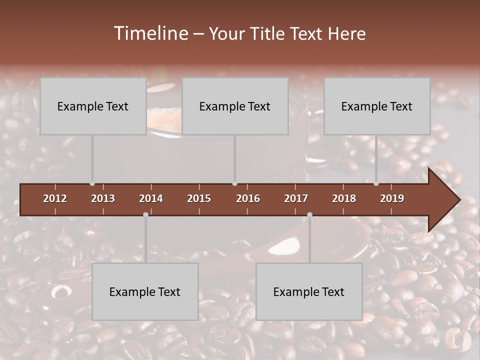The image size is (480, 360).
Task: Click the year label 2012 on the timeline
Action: point(55,198)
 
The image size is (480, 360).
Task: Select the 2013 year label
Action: point(103,198)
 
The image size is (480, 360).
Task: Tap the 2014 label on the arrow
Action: point(151,198)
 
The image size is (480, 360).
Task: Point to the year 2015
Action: point(199,198)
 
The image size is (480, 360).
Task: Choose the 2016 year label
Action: point(248,198)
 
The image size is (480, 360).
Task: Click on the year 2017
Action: point(296,198)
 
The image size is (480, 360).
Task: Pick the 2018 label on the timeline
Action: point(344,198)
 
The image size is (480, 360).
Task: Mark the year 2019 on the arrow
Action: point(392,198)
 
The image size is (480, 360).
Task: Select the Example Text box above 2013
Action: point(93,106)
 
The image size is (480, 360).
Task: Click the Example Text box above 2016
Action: point(235,106)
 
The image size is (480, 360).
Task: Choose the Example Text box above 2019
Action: point(377,106)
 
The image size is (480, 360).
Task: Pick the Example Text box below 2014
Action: point(145,291)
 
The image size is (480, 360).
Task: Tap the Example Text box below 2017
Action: point(309,291)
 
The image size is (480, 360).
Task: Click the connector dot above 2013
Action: point(92,183)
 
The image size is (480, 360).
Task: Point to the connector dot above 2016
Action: point(234,183)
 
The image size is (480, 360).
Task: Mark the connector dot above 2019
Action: point(376,183)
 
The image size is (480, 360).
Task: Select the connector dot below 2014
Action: point(145,214)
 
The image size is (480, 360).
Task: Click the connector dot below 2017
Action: point(309,214)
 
